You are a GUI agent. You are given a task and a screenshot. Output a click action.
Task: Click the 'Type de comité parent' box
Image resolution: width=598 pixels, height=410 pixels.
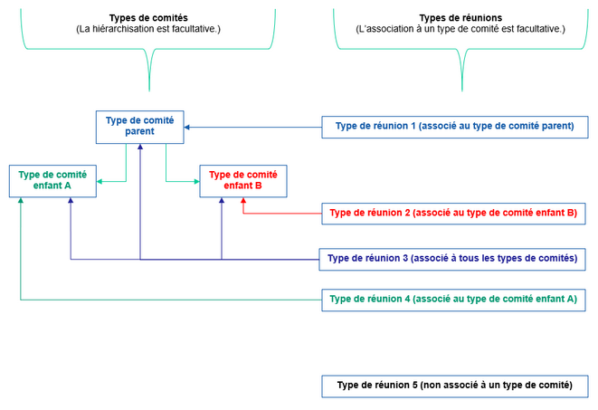(x=140, y=126)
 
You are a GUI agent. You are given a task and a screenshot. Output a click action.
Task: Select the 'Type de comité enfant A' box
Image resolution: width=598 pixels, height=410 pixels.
(x=52, y=181)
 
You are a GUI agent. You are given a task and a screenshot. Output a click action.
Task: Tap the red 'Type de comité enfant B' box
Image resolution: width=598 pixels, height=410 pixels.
(x=242, y=181)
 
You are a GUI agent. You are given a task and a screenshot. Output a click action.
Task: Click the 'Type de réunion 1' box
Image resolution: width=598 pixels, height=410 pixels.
(x=454, y=127)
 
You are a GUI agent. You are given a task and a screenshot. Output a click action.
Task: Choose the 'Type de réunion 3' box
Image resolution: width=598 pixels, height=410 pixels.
(x=452, y=259)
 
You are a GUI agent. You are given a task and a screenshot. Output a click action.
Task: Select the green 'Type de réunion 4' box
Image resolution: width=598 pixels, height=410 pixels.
(x=453, y=299)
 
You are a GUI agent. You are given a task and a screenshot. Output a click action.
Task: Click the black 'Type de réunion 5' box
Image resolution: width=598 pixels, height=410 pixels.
(x=454, y=386)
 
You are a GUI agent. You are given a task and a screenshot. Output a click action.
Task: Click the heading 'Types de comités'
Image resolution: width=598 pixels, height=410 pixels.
(x=148, y=18)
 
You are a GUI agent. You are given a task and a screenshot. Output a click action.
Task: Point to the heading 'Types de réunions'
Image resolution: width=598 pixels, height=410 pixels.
(x=461, y=18)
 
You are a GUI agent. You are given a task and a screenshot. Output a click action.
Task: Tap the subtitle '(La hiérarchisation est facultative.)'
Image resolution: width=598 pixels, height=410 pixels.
(x=148, y=30)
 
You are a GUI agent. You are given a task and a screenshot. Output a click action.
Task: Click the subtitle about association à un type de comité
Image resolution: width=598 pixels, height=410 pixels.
(x=461, y=30)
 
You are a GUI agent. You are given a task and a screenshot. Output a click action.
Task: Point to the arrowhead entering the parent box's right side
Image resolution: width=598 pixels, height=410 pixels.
(x=189, y=127)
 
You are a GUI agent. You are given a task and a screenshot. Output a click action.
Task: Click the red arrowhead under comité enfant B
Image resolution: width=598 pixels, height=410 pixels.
(x=242, y=202)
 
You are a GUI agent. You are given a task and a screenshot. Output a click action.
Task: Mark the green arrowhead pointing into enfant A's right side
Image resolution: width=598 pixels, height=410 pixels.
(x=100, y=182)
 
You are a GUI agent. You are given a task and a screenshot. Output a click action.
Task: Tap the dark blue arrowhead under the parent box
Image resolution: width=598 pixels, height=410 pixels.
(x=140, y=147)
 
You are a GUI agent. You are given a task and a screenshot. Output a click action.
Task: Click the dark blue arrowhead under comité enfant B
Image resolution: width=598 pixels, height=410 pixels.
(x=222, y=202)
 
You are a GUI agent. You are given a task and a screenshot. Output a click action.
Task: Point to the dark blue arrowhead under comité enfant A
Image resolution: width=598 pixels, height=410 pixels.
(x=71, y=202)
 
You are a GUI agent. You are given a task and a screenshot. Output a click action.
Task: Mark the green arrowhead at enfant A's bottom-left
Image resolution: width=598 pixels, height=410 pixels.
(x=20, y=202)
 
